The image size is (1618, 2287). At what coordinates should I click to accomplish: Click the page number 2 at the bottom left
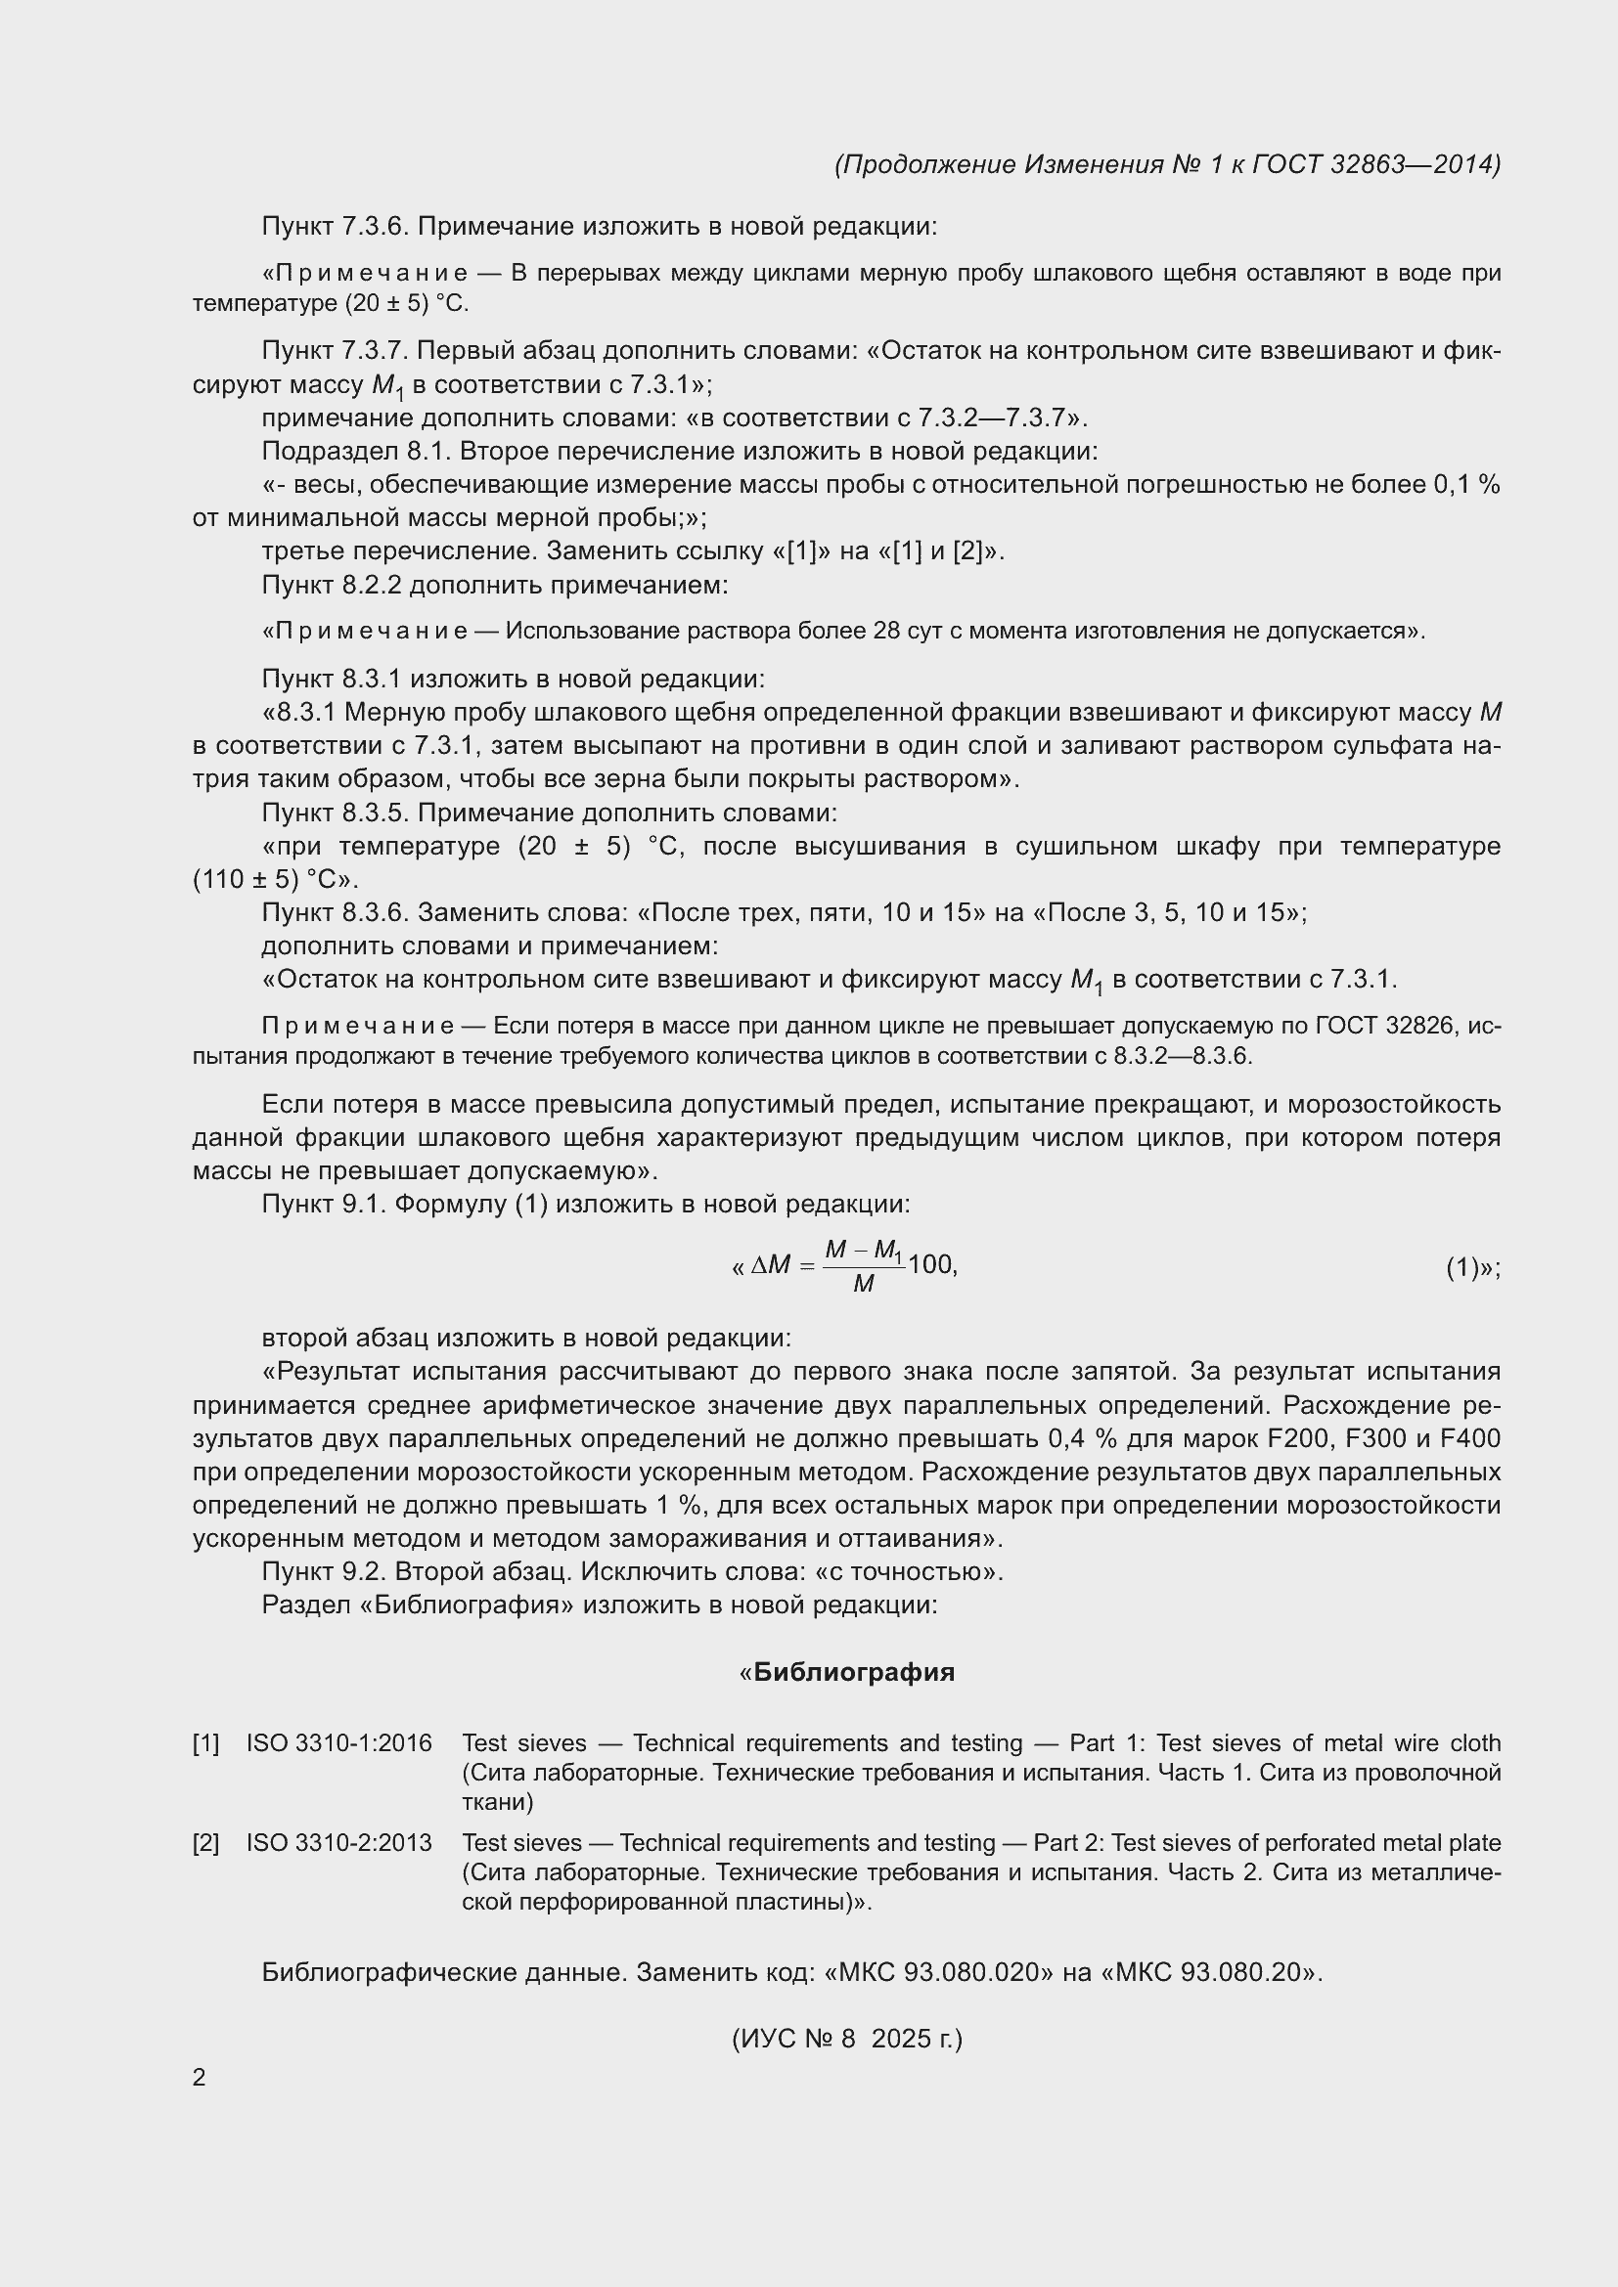[x=200, y=2078]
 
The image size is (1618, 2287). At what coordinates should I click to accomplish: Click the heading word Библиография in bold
[x=854, y=1672]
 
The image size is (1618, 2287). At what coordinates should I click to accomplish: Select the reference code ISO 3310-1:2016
[x=338, y=1743]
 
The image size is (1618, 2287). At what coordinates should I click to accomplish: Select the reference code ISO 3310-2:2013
[x=338, y=1843]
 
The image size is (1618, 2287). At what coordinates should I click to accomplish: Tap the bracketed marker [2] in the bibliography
[x=206, y=1843]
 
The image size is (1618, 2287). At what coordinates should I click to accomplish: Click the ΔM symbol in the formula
[x=770, y=1265]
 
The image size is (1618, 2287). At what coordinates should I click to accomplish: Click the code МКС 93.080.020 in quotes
[x=940, y=1973]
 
